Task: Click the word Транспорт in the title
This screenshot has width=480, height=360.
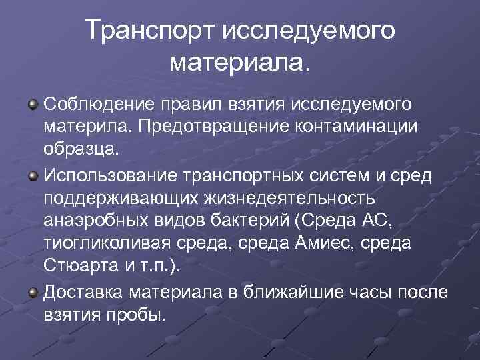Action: (x=149, y=31)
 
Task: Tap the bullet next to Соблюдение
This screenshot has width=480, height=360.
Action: (x=32, y=105)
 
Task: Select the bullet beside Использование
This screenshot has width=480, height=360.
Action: (x=32, y=174)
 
